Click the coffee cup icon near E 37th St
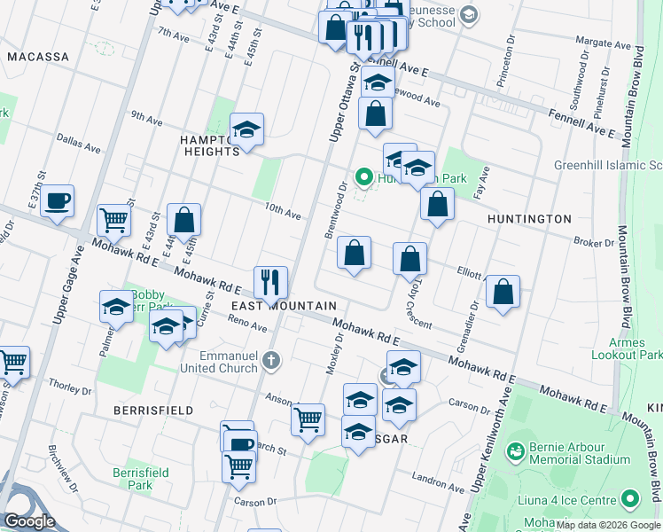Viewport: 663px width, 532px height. tap(57, 200)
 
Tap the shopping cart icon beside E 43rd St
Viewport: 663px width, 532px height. tap(113, 218)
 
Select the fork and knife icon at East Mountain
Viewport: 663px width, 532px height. tap(270, 282)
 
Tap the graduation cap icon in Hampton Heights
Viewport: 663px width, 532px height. tap(246, 129)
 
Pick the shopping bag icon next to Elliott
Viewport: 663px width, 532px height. tap(503, 291)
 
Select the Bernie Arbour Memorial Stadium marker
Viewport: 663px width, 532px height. tap(515, 452)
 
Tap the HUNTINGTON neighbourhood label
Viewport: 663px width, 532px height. tap(529, 218)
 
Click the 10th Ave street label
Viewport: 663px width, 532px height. tap(283, 211)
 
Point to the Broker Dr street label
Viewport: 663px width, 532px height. tap(593, 241)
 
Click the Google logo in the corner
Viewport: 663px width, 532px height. tap(30, 522)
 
